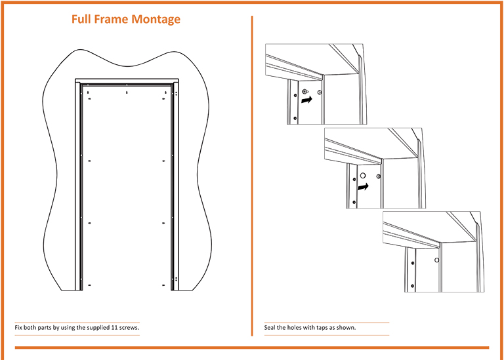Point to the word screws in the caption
(x=129, y=328)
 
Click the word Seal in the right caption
(x=270, y=328)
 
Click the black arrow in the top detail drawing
(x=306, y=100)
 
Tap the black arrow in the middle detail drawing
(x=363, y=186)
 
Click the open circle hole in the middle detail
(x=363, y=175)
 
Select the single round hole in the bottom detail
(x=437, y=260)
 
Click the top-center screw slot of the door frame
(x=127, y=92)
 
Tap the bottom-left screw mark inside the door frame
(x=89, y=285)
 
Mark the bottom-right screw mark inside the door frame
(x=163, y=285)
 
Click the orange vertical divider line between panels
(x=252, y=176)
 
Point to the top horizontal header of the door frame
(x=127, y=80)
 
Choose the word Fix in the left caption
(x=18, y=328)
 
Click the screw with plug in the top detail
(x=305, y=92)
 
